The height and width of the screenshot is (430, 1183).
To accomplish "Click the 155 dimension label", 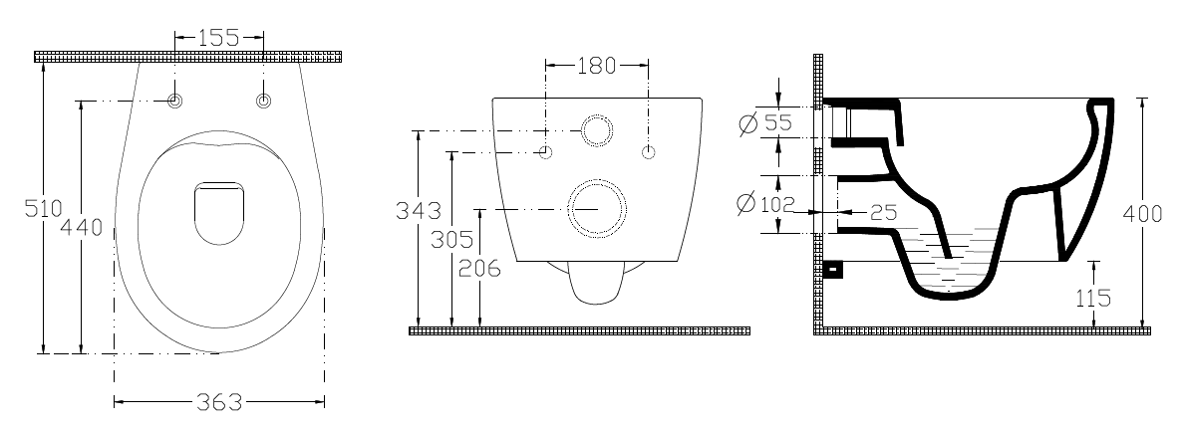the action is click(x=219, y=37).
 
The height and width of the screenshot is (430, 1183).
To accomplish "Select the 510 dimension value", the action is click(x=42, y=207).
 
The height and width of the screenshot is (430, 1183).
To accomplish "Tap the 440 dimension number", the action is click(x=81, y=227).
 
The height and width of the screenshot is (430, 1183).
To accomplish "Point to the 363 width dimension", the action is click(x=219, y=403).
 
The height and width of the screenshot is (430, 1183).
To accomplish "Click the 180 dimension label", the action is click(x=597, y=67).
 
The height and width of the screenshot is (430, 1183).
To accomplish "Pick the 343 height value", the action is click(x=419, y=210).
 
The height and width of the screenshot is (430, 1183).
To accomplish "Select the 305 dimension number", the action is click(x=451, y=240).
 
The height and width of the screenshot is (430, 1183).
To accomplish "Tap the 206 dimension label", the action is click(x=479, y=268).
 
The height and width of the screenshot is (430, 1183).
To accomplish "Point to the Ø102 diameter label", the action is click(x=767, y=203).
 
